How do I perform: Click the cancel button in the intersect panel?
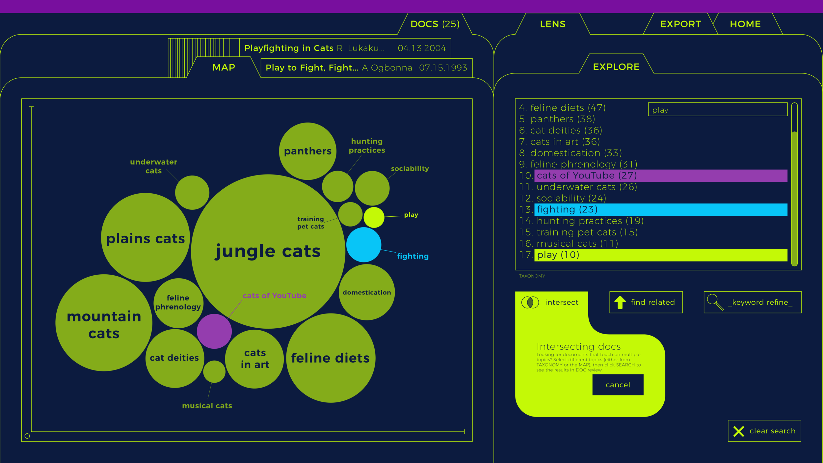pos(618,385)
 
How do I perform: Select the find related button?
pos(646,302)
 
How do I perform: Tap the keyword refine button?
pos(752,302)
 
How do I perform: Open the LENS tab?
pos(552,24)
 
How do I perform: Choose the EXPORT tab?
pos(680,24)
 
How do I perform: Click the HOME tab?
pos(745,24)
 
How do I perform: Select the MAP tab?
pos(224,68)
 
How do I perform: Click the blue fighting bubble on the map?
pos(364,245)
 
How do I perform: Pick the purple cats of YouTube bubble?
pos(214,331)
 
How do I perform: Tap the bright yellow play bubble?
pos(374,217)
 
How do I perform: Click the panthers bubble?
pos(307,151)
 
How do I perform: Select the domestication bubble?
pos(367,292)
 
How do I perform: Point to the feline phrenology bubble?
pos(178,303)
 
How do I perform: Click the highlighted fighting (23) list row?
pos(660,209)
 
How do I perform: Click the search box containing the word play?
pos(718,110)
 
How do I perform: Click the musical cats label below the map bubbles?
pos(207,406)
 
